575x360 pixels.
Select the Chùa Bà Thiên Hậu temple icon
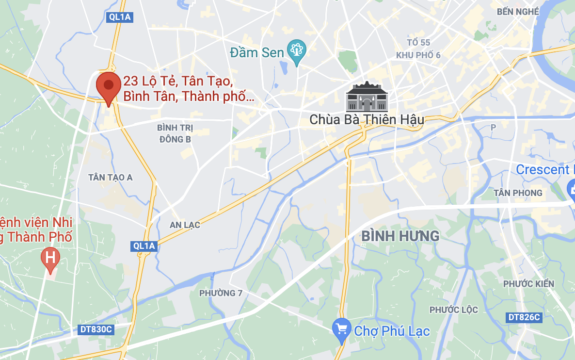coord(367,97)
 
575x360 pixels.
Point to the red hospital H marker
coord(50,257)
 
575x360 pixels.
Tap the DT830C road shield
coord(96,329)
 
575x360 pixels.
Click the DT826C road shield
coord(523,317)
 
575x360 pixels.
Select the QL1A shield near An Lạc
coord(144,246)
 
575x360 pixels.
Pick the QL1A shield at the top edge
coord(119,17)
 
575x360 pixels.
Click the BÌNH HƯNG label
coord(400,236)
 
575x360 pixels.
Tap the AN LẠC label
coord(185,225)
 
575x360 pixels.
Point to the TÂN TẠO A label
coord(111,178)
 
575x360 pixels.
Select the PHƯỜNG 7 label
coord(221,293)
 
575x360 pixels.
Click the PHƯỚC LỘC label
coord(454,310)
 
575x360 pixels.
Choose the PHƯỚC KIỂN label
coord(528,283)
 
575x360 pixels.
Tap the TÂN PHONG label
coord(518,193)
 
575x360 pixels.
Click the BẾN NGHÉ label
coord(518,11)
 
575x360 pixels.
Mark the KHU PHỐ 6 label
coord(418,55)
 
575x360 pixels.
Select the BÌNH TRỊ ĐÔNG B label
coord(175,133)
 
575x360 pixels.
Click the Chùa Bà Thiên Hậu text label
coord(367,119)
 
